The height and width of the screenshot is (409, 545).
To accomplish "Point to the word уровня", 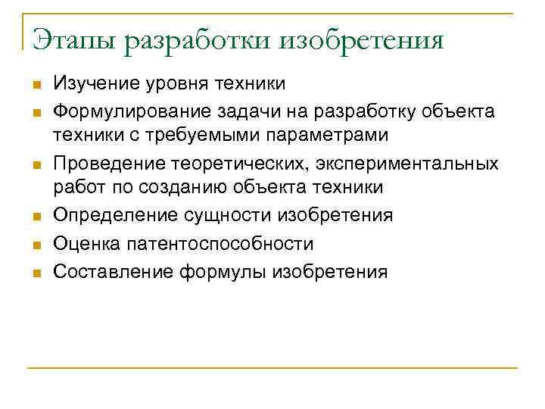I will pos(173,85).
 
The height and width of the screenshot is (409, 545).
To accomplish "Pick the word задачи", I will pos(245,112).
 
